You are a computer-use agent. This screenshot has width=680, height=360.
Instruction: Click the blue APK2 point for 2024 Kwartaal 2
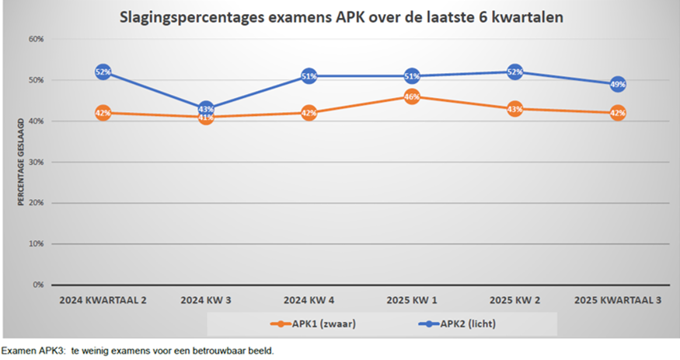[103, 72]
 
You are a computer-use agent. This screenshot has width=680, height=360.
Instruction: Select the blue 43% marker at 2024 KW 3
[206, 109]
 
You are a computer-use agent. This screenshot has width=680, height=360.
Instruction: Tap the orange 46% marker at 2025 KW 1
[412, 97]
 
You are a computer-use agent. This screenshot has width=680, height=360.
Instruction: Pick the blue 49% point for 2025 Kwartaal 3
[618, 84]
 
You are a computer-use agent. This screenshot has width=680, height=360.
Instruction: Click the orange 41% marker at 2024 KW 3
[206, 117]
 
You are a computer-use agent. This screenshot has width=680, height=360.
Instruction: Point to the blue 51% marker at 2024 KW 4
[309, 76]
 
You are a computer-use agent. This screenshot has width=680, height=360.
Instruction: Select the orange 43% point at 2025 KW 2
[514, 109]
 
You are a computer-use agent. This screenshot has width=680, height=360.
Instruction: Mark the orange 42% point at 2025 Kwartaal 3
[618, 113]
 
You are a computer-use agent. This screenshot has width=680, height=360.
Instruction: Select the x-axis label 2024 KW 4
[309, 299]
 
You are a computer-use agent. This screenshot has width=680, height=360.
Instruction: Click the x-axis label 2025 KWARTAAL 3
[617, 299]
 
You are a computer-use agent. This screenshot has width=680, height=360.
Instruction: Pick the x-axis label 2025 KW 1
[412, 299]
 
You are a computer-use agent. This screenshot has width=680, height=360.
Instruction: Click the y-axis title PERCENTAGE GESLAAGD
[21, 163]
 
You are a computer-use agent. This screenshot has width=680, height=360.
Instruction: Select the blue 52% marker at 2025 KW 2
[514, 72]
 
